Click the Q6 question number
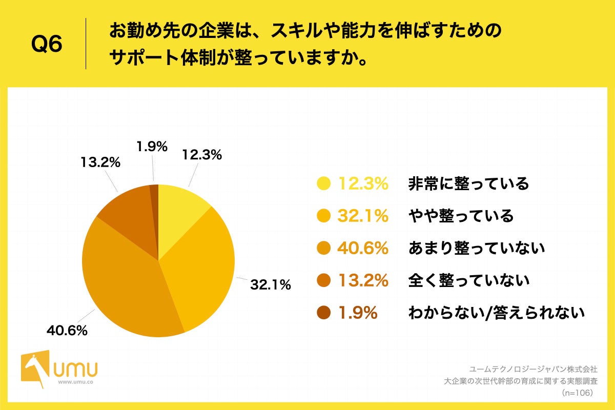tap(47, 45)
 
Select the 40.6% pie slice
tap(123, 287)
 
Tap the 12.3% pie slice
tap(179, 205)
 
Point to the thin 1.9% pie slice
tap(154, 192)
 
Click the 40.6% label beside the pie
tap(67, 331)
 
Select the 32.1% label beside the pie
tap(270, 284)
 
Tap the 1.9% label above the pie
tap(152, 147)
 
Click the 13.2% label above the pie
tap(100, 162)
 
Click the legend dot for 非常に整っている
tap(324, 183)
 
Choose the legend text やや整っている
tap(461, 216)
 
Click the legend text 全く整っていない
tap(468, 280)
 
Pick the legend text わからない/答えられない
tap(496, 313)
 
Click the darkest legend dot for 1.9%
tap(324, 313)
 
